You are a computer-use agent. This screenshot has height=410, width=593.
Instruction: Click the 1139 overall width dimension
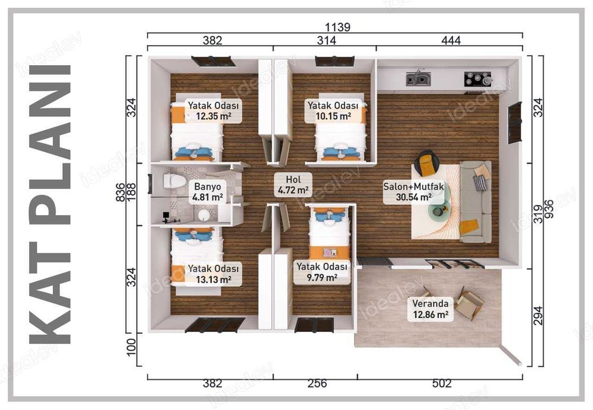pos(338,27)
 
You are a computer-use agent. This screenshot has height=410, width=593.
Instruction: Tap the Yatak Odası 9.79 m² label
pos(322,271)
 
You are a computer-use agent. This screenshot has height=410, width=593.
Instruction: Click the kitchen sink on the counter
pos(419,78)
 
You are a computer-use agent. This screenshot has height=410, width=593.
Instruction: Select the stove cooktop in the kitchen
pos(477,78)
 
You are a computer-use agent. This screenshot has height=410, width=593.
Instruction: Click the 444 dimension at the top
pos(451,41)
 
